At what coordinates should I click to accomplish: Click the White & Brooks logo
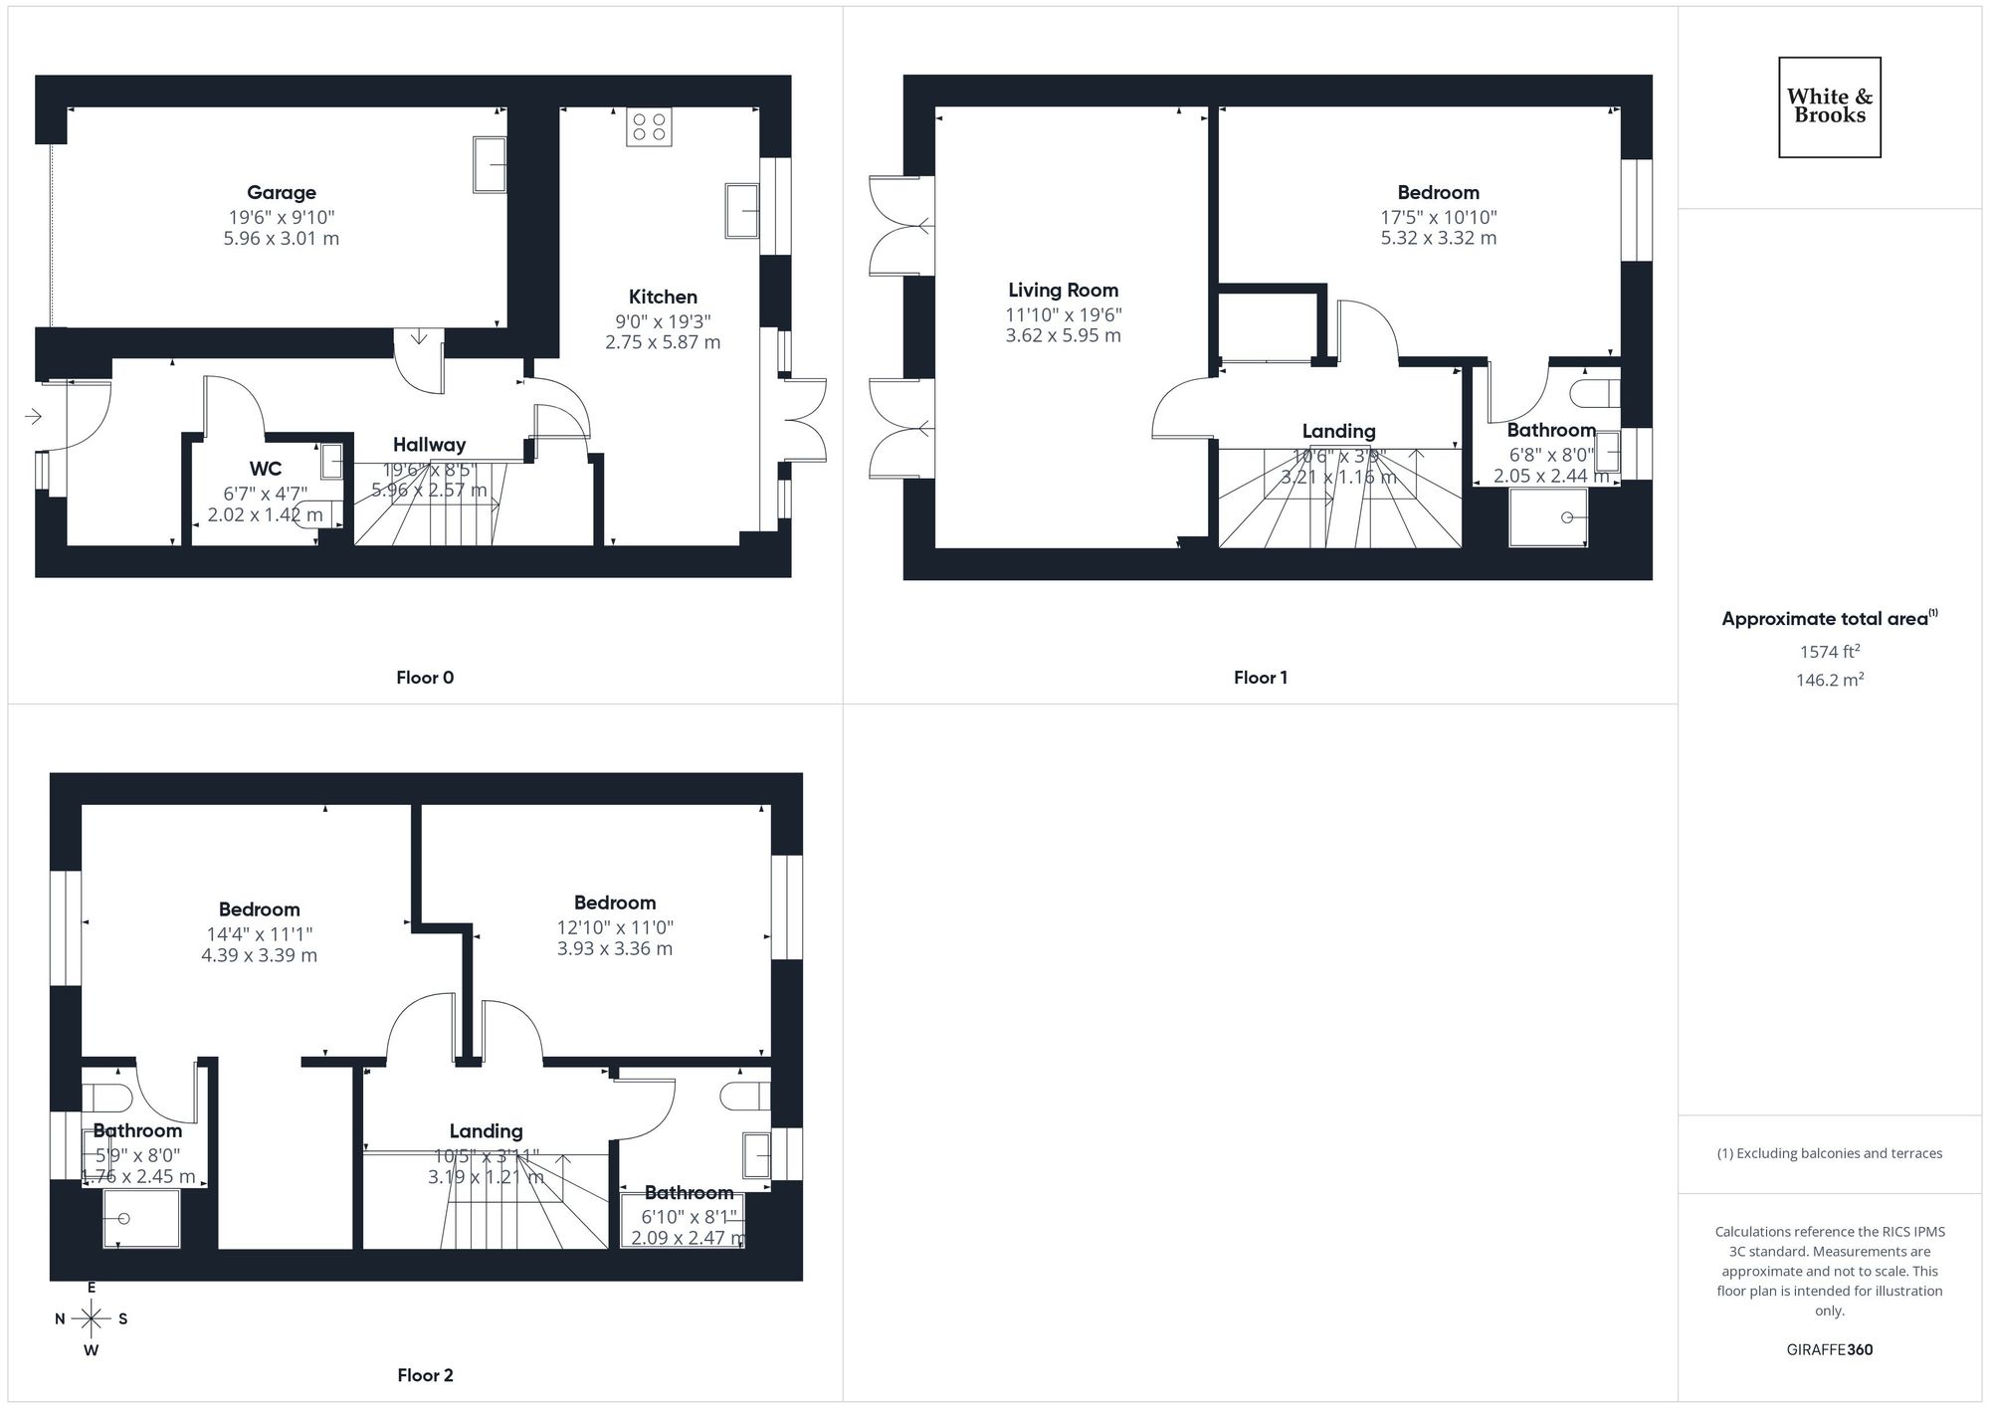tap(1829, 106)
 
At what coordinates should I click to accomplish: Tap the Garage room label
tap(282, 193)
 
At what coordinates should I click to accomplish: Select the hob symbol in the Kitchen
tap(649, 126)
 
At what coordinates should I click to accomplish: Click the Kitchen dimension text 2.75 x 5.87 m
tap(663, 342)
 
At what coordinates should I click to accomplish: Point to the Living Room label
tap(1063, 291)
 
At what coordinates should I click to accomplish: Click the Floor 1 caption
tap(1260, 678)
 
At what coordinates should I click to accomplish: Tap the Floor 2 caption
tap(425, 1375)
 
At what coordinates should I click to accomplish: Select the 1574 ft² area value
tap(1829, 653)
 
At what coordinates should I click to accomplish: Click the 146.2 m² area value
tap(1829, 681)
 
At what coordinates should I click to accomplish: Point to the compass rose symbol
tap(92, 1319)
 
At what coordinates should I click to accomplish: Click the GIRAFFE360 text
tap(1829, 1350)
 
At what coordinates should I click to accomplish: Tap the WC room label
tap(266, 469)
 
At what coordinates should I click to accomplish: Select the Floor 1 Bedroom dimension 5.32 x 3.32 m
tap(1438, 238)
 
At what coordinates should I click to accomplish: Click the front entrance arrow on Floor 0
tap(33, 416)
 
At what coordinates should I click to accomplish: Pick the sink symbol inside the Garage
tap(490, 164)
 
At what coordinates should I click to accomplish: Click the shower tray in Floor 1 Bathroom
tap(1547, 517)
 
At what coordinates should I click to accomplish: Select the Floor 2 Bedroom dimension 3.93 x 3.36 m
tap(614, 949)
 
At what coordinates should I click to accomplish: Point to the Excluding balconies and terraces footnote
tap(1829, 1153)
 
